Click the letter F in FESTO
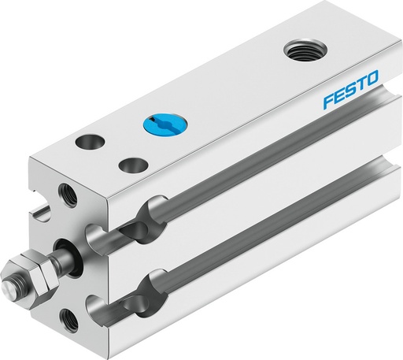[x=327, y=102]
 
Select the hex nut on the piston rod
[x=33, y=271]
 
